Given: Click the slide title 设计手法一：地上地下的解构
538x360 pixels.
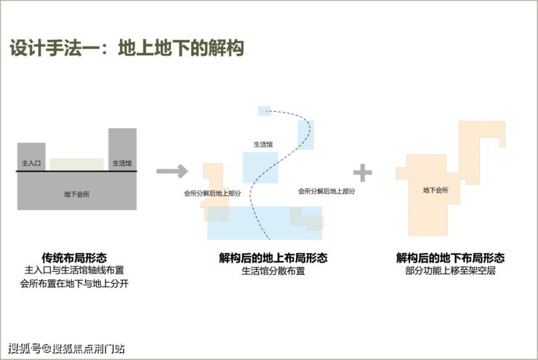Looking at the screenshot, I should pyautogui.click(x=127, y=49).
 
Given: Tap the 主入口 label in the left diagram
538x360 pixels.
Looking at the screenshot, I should pyautogui.click(x=31, y=164).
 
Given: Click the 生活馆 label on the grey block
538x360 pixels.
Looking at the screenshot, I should pyautogui.click(x=122, y=164).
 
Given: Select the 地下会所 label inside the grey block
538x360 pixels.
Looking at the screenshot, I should pyautogui.click(x=76, y=194).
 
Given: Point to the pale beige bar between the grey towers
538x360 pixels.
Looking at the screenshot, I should pyautogui.click(x=76, y=164).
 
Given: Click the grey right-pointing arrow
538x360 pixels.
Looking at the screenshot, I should pyautogui.click(x=172, y=172).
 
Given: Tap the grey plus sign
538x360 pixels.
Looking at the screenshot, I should pyautogui.click(x=362, y=172).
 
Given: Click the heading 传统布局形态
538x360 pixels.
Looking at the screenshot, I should pyautogui.click(x=74, y=257).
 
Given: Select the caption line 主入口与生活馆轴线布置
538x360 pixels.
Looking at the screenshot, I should pyautogui.click(x=74, y=271).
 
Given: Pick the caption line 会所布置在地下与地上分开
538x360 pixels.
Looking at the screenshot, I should pyautogui.click(x=74, y=284).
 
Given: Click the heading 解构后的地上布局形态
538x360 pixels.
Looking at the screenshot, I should pyautogui.click(x=273, y=257).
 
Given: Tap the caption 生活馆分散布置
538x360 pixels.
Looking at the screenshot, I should pyautogui.click(x=273, y=271).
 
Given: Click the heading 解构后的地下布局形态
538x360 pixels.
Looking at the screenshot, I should pyautogui.click(x=451, y=257).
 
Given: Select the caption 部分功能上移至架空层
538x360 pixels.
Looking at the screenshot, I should pyautogui.click(x=451, y=271).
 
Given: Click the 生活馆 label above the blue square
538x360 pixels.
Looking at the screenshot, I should pyautogui.click(x=262, y=144).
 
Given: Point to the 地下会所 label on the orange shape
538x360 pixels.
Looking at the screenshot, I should pyautogui.click(x=435, y=191).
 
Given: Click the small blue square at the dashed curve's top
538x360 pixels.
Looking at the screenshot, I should pyautogui.click(x=263, y=110).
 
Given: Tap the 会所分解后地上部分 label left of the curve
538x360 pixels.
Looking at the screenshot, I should pyautogui.click(x=212, y=194).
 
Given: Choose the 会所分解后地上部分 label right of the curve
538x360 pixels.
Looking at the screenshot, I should pyautogui.click(x=326, y=191).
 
